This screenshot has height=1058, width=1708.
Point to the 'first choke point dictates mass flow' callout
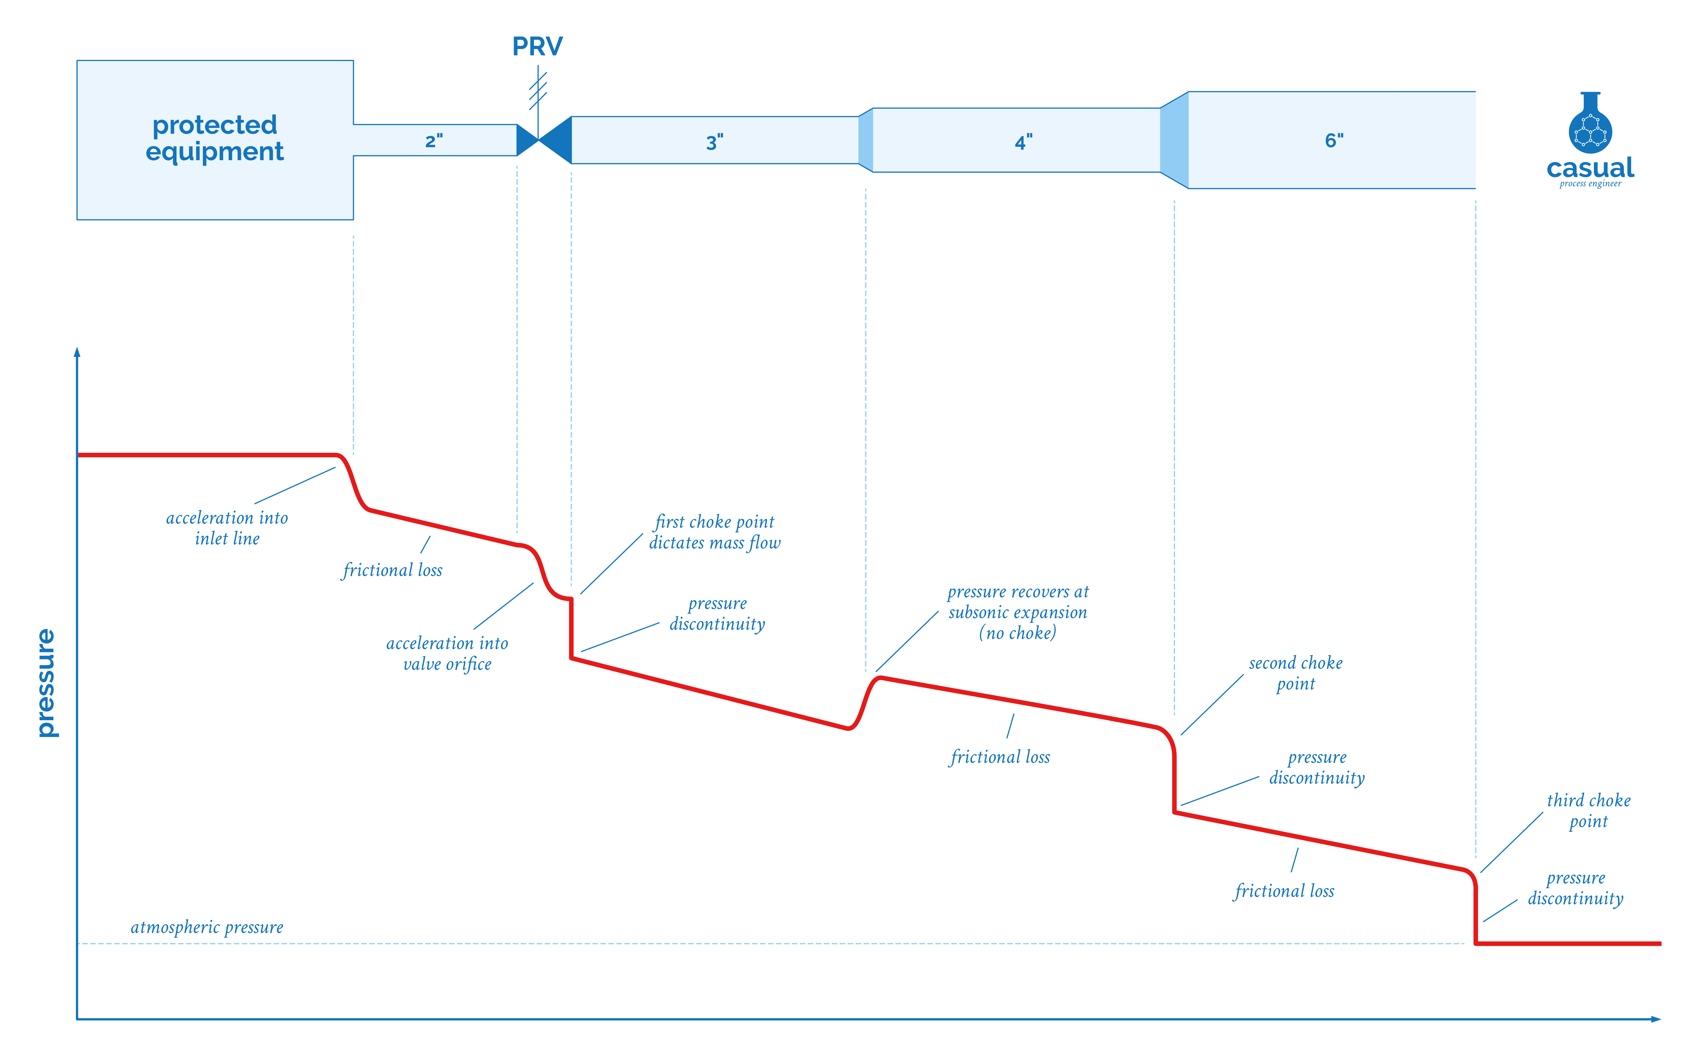pos(715,532)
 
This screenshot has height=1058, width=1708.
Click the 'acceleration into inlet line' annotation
pos(227,528)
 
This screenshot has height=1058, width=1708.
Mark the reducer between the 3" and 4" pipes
pos(865,140)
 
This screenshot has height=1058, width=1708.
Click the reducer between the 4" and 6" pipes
pos(1174,140)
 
